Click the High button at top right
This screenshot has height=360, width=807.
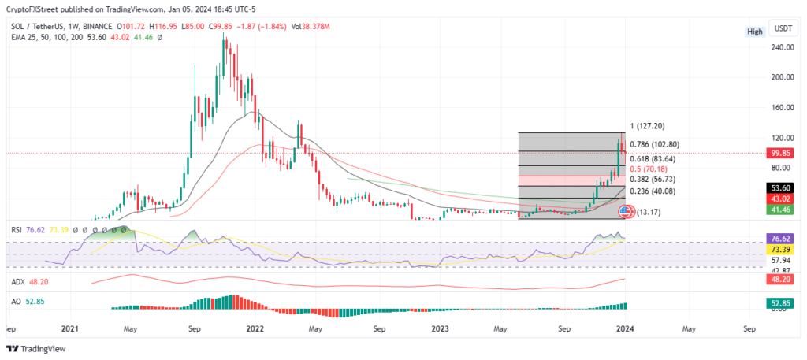point(754,32)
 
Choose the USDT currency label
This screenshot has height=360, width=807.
point(783,28)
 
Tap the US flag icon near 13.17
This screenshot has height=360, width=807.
point(626,210)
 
